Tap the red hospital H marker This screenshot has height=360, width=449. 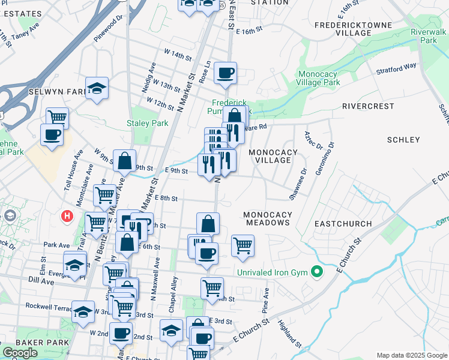coord(67,215)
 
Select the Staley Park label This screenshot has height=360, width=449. coord(139,123)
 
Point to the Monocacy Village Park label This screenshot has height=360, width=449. coord(319,78)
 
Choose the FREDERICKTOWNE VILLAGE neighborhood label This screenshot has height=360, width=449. coord(354,29)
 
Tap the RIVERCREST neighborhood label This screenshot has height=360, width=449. coord(367,106)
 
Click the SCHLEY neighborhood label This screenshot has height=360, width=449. coord(403,140)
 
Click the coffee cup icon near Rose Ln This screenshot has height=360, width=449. coord(226,73)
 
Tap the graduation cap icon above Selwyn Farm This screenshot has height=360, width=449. coord(97,88)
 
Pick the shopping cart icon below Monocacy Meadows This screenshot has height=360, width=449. coord(243,244)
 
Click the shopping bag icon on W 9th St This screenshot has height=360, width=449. coord(124,161)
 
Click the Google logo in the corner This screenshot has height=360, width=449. coord(20,353)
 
